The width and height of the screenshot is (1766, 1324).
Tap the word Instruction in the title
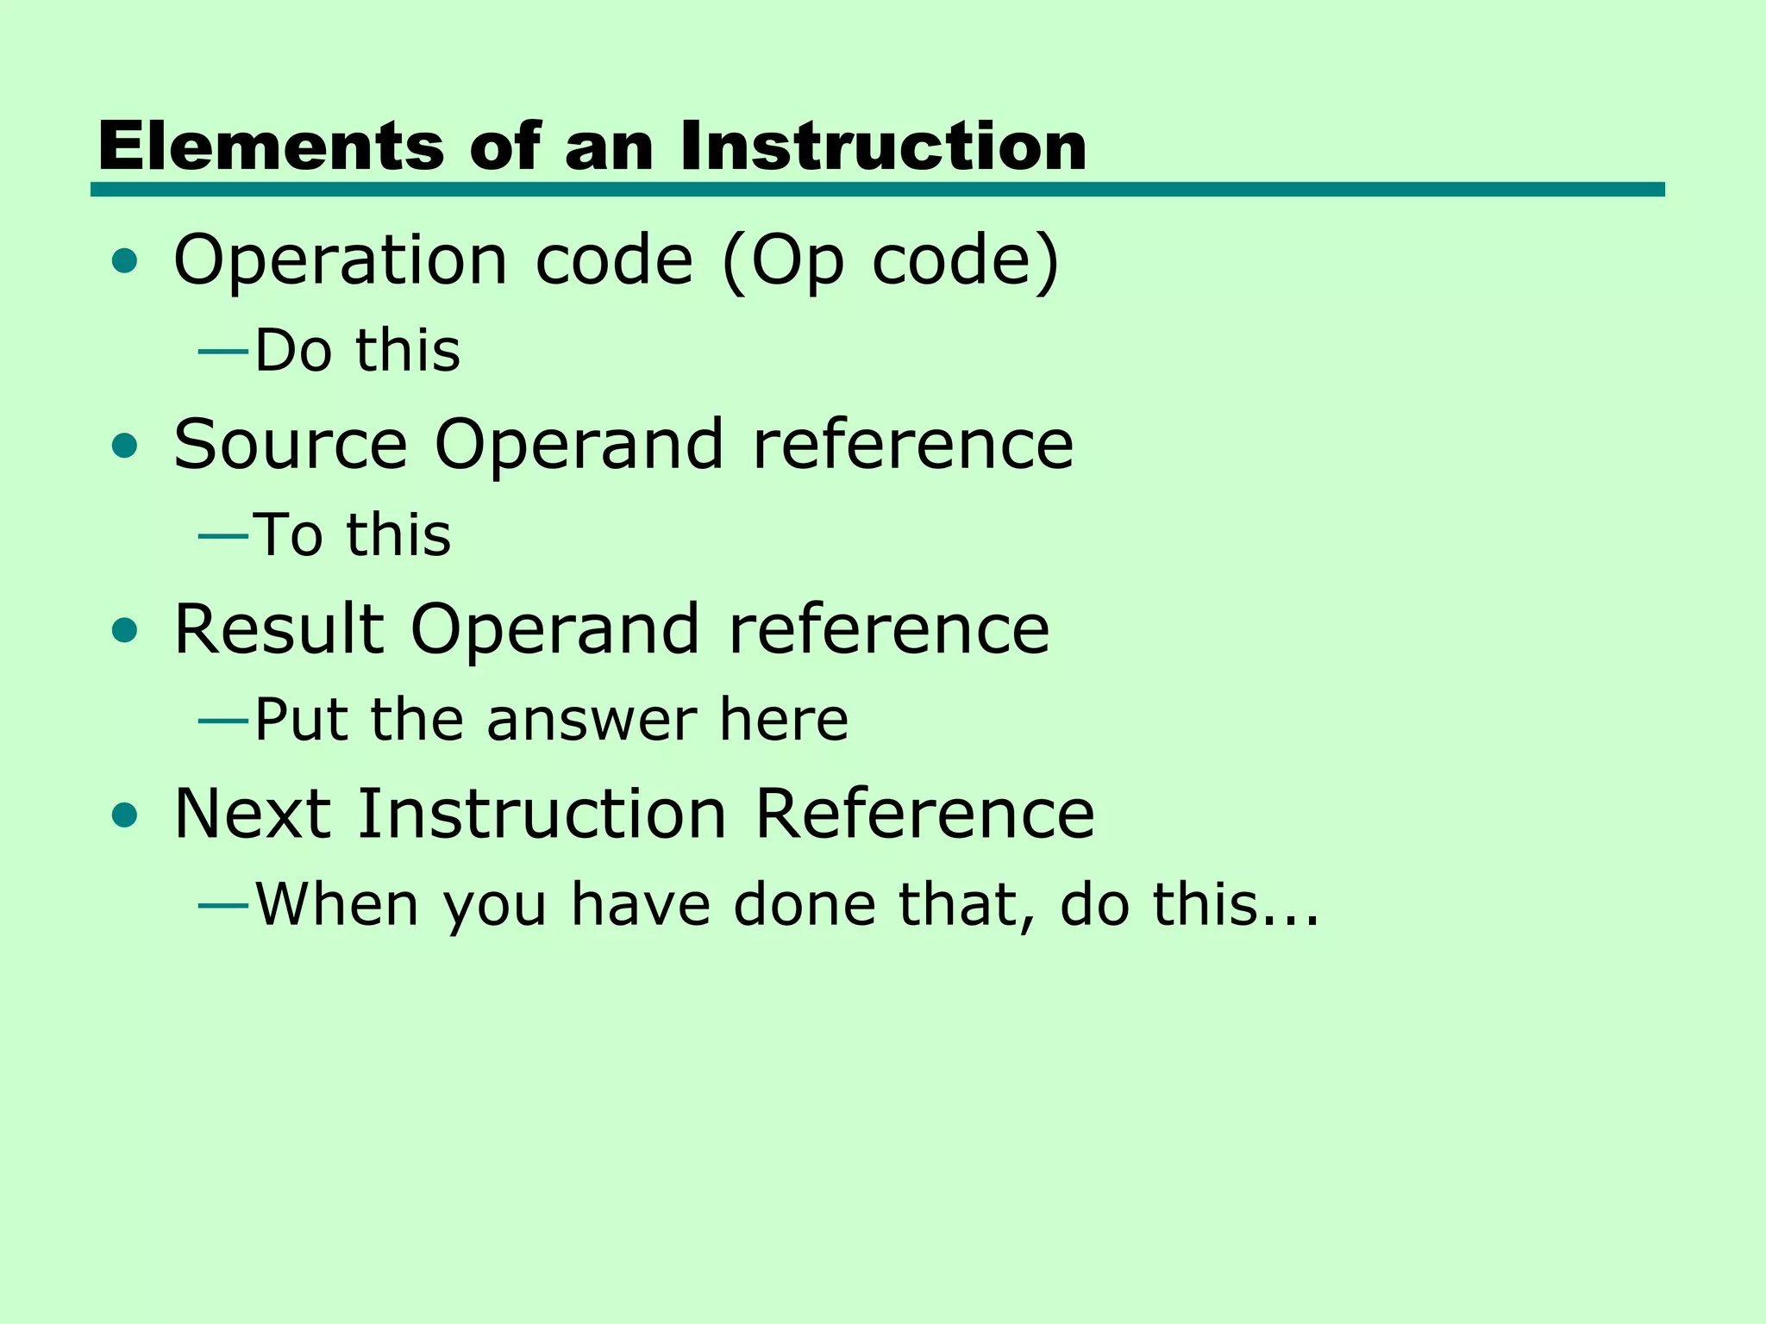883,146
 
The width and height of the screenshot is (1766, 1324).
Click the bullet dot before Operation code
125,260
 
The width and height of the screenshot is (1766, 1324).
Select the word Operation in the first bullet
341,260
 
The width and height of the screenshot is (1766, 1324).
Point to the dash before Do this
223,352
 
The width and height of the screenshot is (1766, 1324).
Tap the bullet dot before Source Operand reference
125,446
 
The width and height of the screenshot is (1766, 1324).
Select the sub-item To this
352,534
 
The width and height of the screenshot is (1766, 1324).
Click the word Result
279,629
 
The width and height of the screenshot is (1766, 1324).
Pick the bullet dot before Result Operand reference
125,630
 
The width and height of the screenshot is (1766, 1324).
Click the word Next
253,814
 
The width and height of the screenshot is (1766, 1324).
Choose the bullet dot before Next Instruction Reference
125,815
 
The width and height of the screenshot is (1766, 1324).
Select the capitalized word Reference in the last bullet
924,814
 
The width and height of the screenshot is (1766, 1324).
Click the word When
337,904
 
